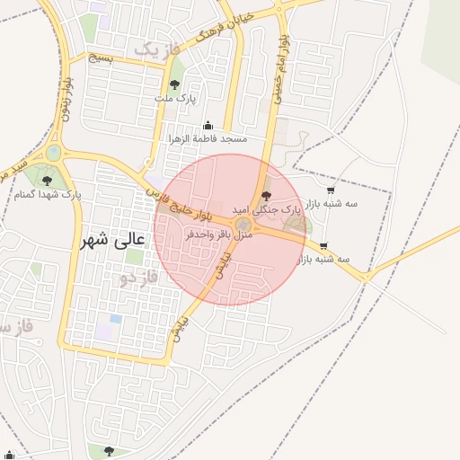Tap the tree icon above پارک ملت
[x=174, y=84]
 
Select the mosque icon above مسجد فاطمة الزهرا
[x=208, y=126]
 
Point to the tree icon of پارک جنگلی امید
[x=265, y=195]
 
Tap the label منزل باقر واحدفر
[x=220, y=234]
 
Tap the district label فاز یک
[x=156, y=49]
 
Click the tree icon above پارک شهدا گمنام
[x=47, y=181]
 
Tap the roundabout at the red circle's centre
[x=243, y=225]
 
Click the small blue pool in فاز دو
[x=115, y=319]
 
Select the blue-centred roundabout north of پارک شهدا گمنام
[x=54, y=153]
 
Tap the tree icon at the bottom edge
[x=109, y=451]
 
